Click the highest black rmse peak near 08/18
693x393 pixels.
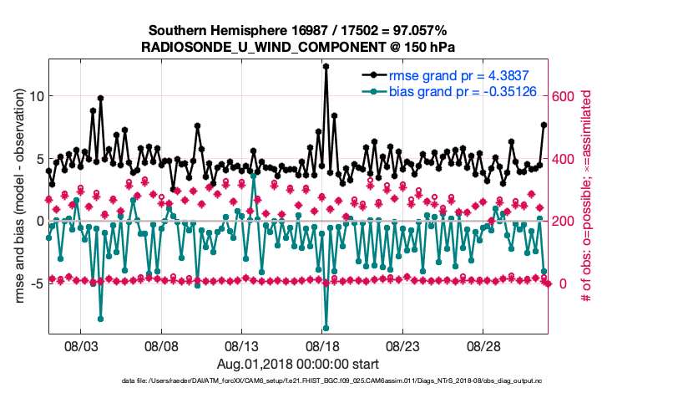tap(326, 66)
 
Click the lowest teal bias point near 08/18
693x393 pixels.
tap(326, 329)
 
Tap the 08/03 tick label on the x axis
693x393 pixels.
tap(80, 345)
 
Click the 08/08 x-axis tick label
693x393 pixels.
tap(161, 345)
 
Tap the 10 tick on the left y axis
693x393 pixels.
tap(34, 96)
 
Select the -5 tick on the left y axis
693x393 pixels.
tap(36, 283)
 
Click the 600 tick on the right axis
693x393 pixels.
tap(564, 96)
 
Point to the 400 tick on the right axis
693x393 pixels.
tap(564, 159)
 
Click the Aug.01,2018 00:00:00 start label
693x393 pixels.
tap(296, 363)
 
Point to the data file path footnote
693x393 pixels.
tap(296, 381)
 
